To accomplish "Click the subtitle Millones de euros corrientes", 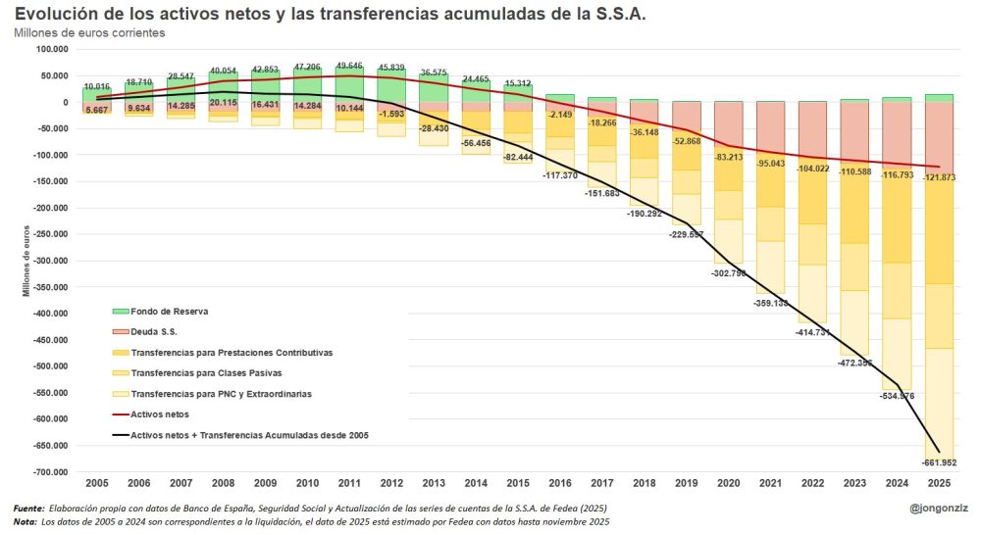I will tap(89, 32).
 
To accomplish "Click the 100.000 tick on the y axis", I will tap(48, 49).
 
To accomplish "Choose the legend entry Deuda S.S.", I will tap(163, 331).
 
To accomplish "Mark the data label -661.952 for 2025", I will tap(939, 462).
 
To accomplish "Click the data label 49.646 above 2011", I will tap(349, 66).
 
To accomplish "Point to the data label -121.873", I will tap(940, 177).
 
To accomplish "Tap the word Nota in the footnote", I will tap(24, 522).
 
